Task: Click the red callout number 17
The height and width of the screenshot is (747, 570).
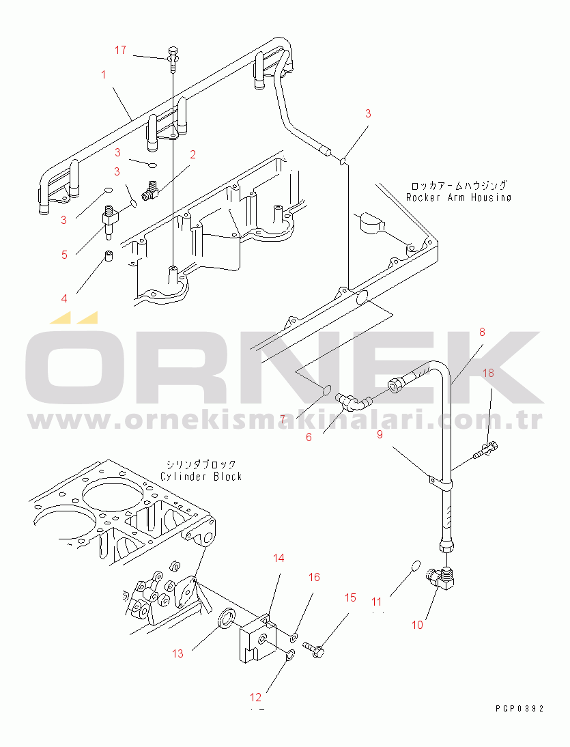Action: coord(120,50)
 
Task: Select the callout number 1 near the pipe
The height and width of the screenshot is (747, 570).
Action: coord(103,75)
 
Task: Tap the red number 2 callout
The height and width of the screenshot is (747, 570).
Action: coord(193,154)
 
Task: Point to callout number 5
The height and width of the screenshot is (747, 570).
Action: coord(64,255)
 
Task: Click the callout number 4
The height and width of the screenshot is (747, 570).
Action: coord(64,298)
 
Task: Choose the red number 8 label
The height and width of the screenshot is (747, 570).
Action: coord(482,332)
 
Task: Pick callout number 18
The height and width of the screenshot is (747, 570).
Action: coord(489,373)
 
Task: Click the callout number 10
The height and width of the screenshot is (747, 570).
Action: coord(417,625)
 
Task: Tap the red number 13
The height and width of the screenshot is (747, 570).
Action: coord(177,653)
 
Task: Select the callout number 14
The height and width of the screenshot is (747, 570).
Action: coord(279,558)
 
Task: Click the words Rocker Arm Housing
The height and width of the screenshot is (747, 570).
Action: coord(459,197)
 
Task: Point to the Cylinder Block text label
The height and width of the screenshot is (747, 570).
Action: coord(201,477)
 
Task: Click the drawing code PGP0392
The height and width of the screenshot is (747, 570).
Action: coord(519,709)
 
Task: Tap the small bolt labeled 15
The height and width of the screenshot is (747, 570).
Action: coord(314,649)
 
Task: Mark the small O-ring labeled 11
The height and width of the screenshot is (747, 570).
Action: coord(416,565)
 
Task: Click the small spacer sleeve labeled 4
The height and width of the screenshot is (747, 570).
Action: coord(109,256)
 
